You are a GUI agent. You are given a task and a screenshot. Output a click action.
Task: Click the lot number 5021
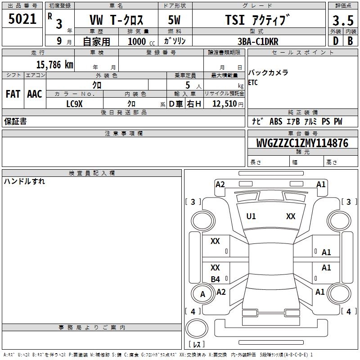point(22,19)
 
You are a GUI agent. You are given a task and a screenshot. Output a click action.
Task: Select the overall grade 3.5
point(343,21)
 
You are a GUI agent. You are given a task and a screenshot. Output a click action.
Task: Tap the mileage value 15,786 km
point(54,65)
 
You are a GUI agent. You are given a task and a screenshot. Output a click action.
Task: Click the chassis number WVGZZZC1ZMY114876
point(302,143)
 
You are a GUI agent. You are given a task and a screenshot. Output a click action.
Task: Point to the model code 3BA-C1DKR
point(258,41)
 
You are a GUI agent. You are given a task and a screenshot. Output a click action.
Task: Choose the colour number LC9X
point(74,104)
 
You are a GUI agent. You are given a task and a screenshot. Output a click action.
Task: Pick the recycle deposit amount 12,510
point(225,104)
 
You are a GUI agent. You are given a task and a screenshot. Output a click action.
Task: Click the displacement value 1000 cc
point(141,41)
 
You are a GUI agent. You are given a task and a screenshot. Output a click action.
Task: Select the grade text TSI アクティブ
point(257,20)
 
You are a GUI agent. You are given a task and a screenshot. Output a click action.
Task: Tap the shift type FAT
point(13,94)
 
